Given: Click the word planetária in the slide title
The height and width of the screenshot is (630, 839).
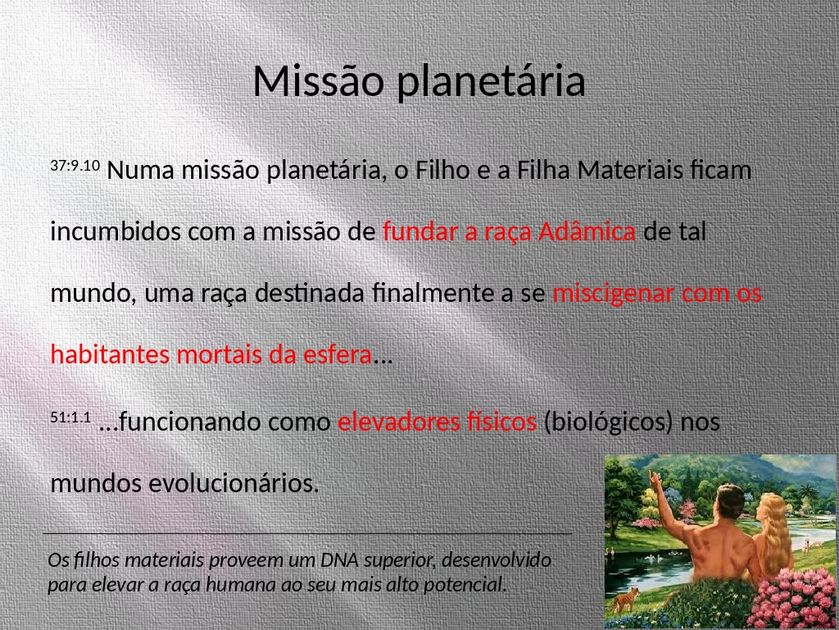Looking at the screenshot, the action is point(492,83).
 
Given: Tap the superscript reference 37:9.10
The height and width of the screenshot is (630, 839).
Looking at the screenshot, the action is point(75,165).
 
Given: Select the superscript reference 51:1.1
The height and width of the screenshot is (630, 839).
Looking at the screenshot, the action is point(70,417).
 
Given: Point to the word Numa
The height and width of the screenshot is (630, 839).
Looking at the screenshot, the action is point(140,171).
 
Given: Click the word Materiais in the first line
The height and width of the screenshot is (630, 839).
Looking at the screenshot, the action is point(629,170).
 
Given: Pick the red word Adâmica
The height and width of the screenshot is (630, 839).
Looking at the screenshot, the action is point(587,231).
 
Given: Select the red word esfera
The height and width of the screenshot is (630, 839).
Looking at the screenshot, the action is point(337,354).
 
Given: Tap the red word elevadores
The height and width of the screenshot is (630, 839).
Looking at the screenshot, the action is point(398,422).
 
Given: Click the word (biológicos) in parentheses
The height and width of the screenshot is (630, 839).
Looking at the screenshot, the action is point(608,422).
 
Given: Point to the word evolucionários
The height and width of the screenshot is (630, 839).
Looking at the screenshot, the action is point(234,483).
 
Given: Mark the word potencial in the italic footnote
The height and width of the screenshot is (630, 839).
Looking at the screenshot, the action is point(465,585).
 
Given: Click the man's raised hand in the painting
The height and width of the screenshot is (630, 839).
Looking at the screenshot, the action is point(653,477).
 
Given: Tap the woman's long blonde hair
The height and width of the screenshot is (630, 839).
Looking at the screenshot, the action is point(773,531).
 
